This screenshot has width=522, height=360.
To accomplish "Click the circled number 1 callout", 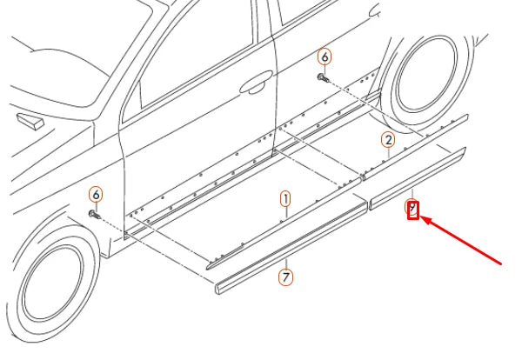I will [x=285, y=199].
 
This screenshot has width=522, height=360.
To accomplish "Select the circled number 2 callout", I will [x=388, y=139].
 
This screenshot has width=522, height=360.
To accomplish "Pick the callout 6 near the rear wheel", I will [x=325, y=57].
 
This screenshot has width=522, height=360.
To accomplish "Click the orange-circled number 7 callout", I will [x=285, y=277].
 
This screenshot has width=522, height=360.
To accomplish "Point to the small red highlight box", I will [x=413, y=209].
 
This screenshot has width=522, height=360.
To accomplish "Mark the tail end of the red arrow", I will [x=502, y=261].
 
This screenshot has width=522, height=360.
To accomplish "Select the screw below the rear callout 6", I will [x=323, y=77].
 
